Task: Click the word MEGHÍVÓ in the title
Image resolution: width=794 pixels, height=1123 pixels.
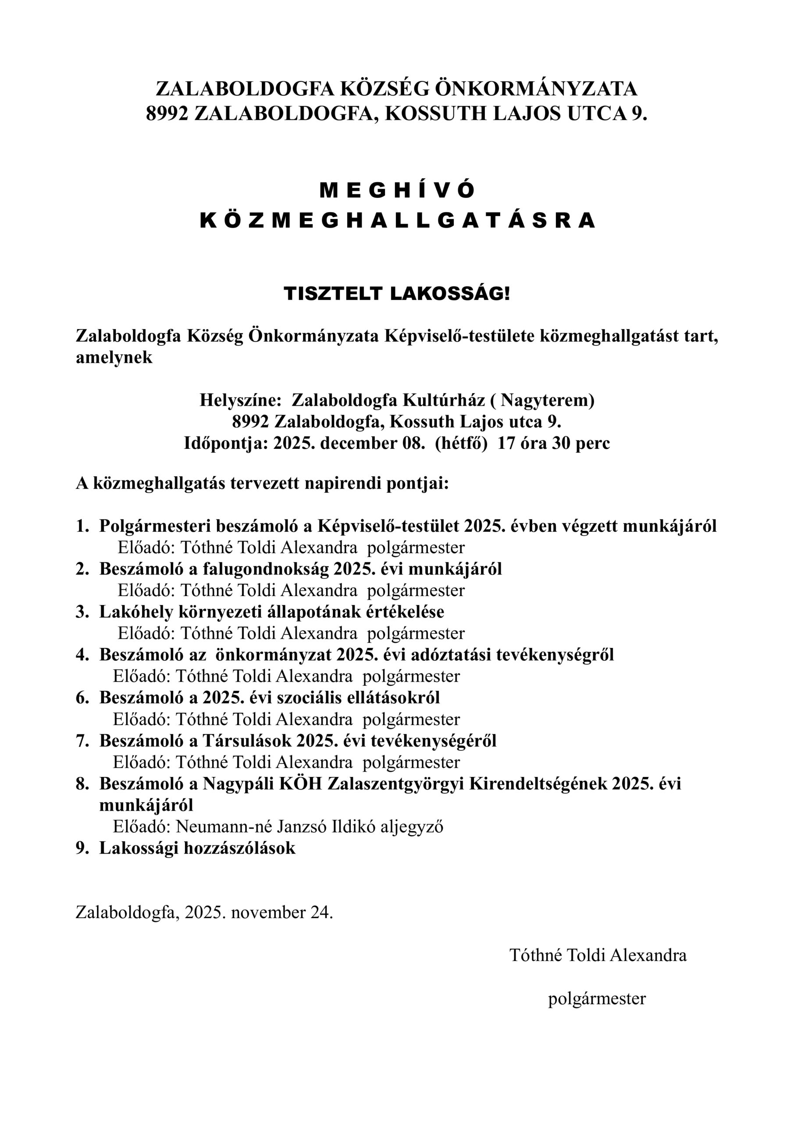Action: click(397, 191)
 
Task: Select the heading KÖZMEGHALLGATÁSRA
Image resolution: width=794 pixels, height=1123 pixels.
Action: click(397, 221)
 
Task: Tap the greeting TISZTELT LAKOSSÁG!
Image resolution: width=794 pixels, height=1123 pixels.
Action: click(397, 294)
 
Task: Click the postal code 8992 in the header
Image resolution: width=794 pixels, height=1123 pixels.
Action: click(167, 114)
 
